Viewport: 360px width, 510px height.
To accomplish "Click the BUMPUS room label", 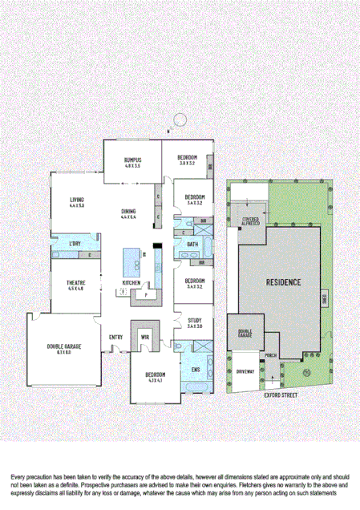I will coord(132,159).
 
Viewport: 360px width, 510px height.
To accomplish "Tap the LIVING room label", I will coord(77,200).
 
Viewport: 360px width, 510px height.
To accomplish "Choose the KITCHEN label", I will coord(131,283).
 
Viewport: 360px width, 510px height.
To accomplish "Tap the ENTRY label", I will coord(115,337).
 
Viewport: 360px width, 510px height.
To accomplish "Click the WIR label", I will coord(145,336).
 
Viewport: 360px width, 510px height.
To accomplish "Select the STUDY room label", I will coord(195,320).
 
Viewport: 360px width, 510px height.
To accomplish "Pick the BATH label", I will coord(192,244).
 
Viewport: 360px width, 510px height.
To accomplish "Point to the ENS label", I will coord(195,369).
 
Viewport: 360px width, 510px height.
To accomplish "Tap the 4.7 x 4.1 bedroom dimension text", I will coord(155,380).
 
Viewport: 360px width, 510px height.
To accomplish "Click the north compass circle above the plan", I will coord(180,119).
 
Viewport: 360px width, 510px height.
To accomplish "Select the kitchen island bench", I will coord(131,261).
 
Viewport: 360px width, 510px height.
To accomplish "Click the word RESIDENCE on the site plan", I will coord(284,282).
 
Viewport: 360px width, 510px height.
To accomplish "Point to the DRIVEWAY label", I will coord(245,372).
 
